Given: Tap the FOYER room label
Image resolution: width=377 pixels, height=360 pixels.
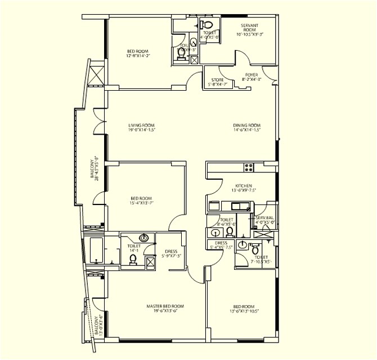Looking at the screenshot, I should point(252,75).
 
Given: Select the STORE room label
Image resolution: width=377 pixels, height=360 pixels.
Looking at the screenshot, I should point(217,80).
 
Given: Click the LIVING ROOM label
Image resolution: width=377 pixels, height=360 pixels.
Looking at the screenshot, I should point(141,125).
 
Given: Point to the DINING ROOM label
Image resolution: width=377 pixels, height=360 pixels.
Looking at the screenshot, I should point(247,125).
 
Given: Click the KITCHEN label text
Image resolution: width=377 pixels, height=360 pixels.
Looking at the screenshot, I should point(244,186).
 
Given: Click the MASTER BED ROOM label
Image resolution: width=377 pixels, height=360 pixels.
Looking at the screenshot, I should point(165,306).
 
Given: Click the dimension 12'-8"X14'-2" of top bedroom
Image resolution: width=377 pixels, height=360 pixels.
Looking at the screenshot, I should point(138,56).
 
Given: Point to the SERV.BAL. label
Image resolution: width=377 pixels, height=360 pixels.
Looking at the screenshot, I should point(264,217).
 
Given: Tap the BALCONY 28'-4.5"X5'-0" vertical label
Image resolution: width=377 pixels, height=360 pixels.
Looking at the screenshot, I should point(96,168).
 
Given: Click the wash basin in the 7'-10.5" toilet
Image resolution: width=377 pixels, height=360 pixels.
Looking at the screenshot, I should point(243,245).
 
